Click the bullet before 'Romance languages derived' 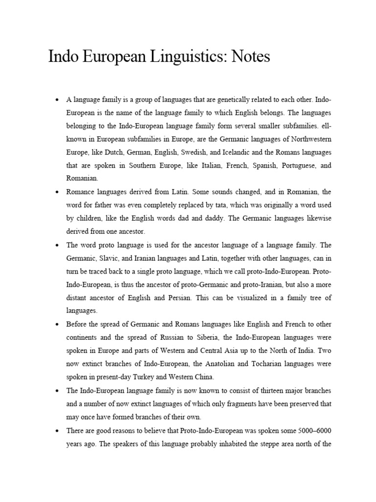click(x=57, y=193)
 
